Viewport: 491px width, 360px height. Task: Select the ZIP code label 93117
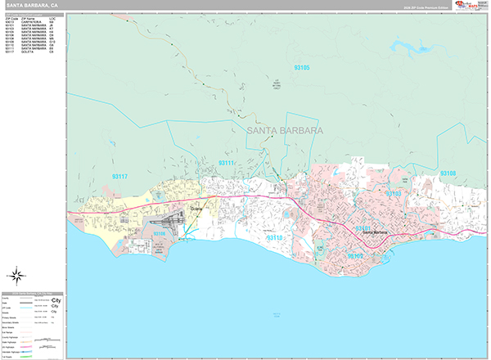(x=120, y=176)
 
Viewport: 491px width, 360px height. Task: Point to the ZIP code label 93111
(x=226, y=164)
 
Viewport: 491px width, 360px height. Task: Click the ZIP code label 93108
(x=448, y=173)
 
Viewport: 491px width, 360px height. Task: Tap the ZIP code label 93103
(x=393, y=194)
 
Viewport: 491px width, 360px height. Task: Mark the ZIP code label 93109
(x=355, y=256)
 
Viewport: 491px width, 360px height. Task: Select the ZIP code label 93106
(x=160, y=234)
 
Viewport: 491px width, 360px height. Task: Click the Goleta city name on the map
(x=195, y=209)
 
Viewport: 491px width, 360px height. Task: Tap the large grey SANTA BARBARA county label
(x=284, y=130)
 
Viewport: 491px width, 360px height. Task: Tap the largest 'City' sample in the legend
(x=56, y=300)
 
